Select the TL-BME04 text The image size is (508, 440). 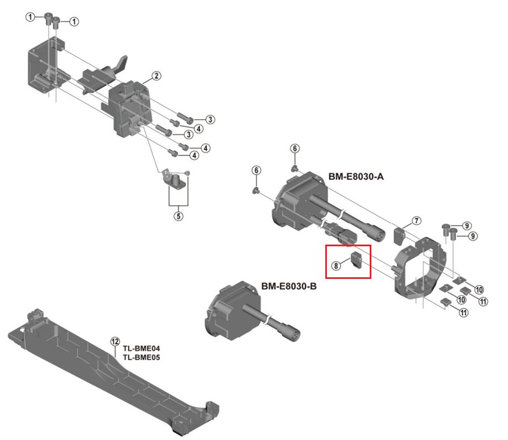click(141, 349)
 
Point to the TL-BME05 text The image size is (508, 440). click(141, 357)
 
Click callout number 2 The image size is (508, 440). click(156, 76)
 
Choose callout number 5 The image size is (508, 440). click(178, 216)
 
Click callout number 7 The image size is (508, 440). click(416, 221)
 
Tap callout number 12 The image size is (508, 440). click(114, 342)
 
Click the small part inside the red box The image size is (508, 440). click(356, 260)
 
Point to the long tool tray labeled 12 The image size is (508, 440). click(110, 374)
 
